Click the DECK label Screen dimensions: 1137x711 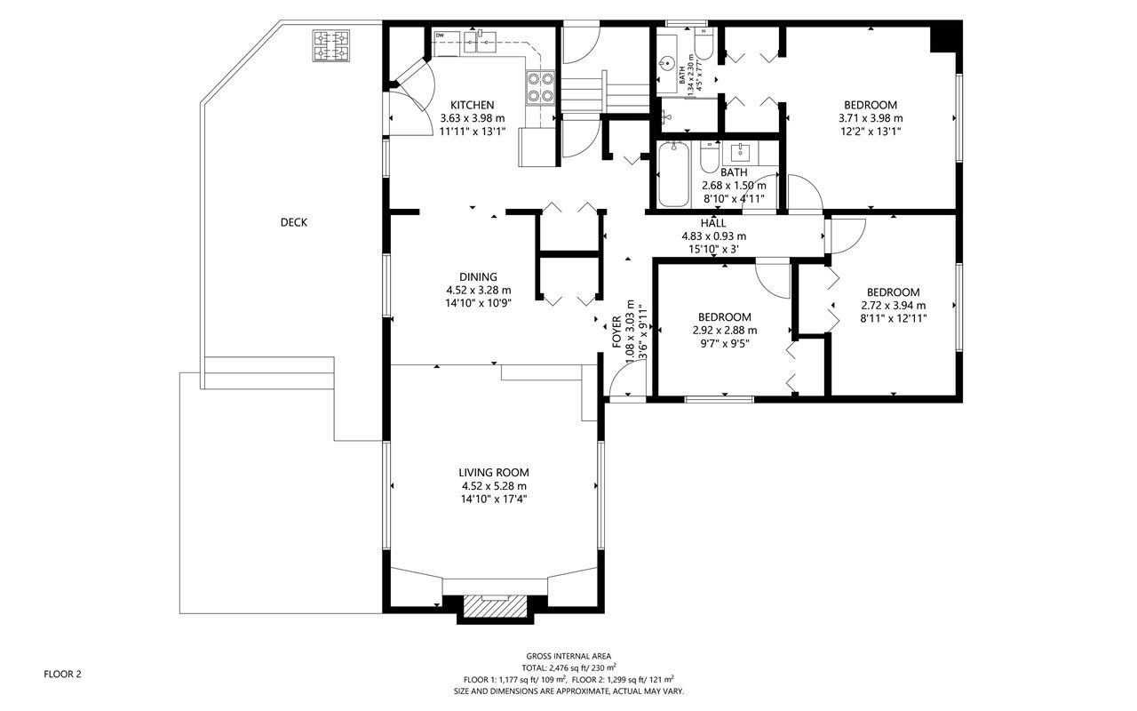coord(293,222)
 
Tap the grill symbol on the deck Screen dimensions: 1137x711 coord(331,45)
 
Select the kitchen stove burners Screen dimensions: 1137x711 coord(541,87)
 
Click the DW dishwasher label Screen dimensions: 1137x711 coord(440,35)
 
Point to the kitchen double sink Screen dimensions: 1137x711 coord(480,41)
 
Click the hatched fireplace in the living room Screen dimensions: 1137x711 coord(495,606)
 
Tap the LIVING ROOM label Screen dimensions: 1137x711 coord(494,473)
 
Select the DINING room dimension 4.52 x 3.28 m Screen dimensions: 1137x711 coord(479,291)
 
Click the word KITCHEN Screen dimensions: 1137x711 coord(472,105)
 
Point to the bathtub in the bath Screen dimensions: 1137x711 coord(673,174)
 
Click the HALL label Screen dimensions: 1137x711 coord(713,223)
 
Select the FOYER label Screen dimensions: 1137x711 coord(616,332)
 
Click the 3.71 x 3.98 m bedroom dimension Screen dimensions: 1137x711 coord(871,118)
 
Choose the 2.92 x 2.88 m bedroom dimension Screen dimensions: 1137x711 coord(725,331)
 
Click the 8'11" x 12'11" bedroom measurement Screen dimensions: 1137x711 coord(894,319)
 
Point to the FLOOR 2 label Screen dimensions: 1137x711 coord(62,675)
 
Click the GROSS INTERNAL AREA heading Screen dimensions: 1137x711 coord(568,656)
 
